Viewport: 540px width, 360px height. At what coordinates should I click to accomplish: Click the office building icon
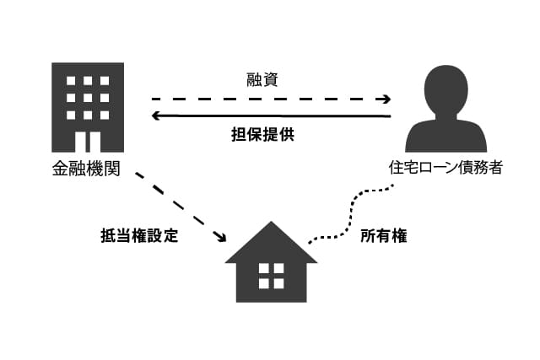88,106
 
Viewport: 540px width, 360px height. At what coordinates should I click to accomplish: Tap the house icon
271,263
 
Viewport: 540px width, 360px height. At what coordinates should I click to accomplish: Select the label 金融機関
86,168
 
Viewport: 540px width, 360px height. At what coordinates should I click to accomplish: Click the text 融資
270,80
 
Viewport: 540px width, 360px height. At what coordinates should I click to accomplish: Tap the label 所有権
384,237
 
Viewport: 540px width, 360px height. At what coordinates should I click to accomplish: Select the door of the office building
88,141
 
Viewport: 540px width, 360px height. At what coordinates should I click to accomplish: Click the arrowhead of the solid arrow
156,116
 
